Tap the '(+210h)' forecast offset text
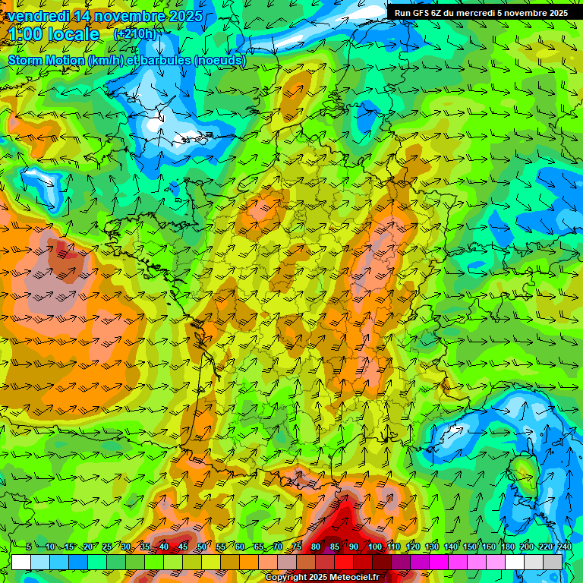coord(134,34)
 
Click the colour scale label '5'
coord(28,547)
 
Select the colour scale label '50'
coord(201,547)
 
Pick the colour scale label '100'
coord(374,547)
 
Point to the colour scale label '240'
coord(564,547)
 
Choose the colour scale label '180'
coord(507,547)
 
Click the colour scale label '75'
coord(297,547)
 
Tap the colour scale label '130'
coord(432,547)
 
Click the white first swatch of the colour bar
coord(21,562)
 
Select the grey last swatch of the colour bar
coord(553,562)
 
